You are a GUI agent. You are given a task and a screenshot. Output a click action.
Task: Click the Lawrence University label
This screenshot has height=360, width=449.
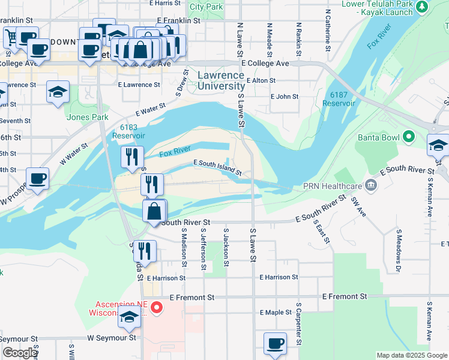point(221,81)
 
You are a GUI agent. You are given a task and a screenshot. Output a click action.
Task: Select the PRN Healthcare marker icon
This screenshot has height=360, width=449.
point(372,185)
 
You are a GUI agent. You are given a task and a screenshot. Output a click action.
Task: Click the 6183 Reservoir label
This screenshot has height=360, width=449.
point(128,131)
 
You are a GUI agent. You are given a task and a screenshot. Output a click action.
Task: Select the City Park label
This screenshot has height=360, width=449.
point(206,7)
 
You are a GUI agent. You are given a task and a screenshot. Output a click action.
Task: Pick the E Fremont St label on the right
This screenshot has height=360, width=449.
point(344,296)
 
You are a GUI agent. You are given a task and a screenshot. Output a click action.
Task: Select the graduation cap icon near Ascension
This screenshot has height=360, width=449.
point(129,319)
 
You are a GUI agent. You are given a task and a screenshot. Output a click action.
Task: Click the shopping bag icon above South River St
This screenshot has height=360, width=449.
point(154,211)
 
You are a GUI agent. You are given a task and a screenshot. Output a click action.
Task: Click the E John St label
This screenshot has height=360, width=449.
point(285,96)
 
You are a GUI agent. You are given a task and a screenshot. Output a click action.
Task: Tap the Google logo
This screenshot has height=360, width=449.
point(19,353)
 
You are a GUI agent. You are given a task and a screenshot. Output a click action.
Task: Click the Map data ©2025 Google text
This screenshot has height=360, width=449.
point(411,355)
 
